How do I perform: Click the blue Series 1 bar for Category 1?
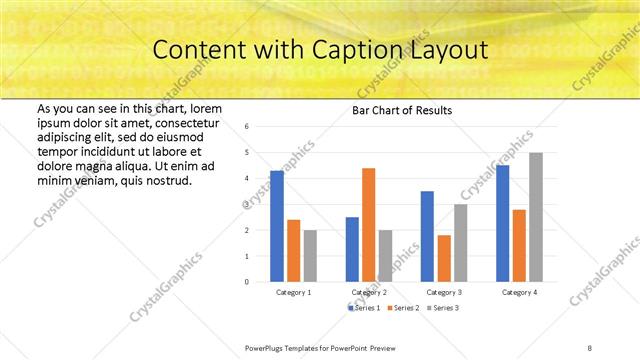pyautogui.click(x=277, y=226)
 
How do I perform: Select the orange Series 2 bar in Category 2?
pyautogui.click(x=368, y=225)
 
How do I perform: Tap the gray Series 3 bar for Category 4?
pyautogui.click(x=536, y=217)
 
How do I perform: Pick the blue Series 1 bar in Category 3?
pyautogui.click(x=427, y=236)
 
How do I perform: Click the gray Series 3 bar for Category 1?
pyautogui.click(x=310, y=256)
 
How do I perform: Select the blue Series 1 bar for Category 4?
pyautogui.click(x=502, y=223)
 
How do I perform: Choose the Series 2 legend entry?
pyautogui.click(x=403, y=308)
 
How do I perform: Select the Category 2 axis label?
pyautogui.click(x=369, y=292)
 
